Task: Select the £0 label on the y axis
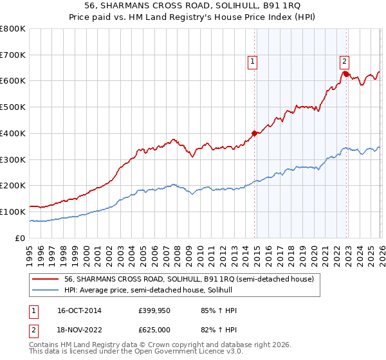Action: [21, 238]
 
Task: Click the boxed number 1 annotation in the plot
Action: [252, 62]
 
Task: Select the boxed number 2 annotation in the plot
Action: [344, 62]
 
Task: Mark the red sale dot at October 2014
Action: [254, 133]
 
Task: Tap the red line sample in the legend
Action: [46, 279]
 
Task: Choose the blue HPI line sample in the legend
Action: [46, 291]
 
